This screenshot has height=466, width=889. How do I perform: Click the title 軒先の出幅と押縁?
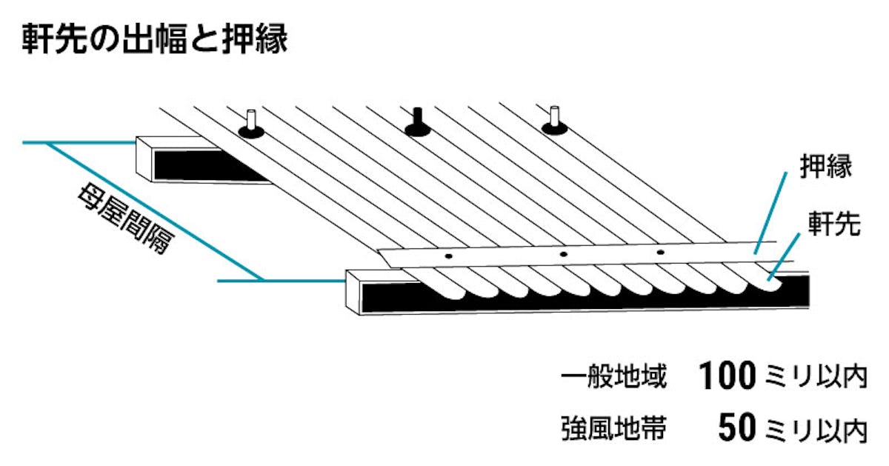tap(155, 39)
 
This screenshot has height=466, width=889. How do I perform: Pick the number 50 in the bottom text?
tap(736, 428)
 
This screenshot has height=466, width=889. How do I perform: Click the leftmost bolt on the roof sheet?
tap(252, 126)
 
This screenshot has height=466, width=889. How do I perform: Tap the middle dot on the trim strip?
tap(563, 254)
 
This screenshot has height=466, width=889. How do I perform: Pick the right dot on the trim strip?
tap(661, 253)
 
